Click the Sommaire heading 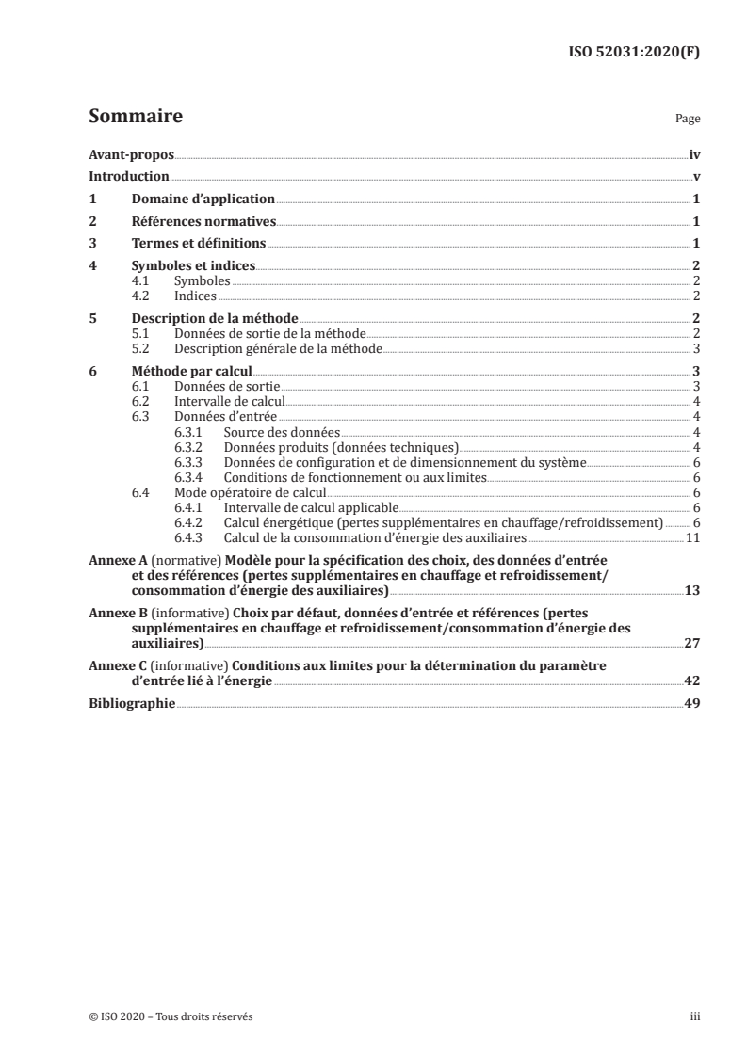135,118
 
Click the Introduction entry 128,177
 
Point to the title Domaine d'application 203,200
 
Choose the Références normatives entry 203,221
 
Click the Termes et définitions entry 198,243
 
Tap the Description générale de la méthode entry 278,348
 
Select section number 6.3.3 190,463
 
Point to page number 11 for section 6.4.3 691,537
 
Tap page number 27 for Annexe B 691,645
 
